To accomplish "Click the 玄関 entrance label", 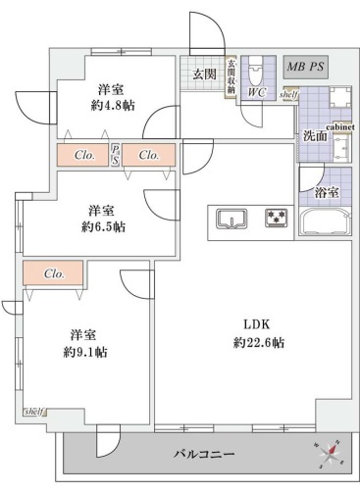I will pyautogui.click(x=203, y=74).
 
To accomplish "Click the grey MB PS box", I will pyautogui.click(x=306, y=67).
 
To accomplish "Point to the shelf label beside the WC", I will pyautogui.click(x=289, y=94).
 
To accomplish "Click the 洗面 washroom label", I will pyautogui.click(x=315, y=135).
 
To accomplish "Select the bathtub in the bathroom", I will pyautogui.click(x=320, y=219).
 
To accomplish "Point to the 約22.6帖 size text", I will pyautogui.click(x=259, y=342).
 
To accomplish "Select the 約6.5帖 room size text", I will pyautogui.click(x=105, y=226).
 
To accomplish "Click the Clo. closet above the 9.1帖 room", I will pyautogui.click(x=54, y=274).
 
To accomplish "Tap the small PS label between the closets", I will pyautogui.click(x=116, y=155).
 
